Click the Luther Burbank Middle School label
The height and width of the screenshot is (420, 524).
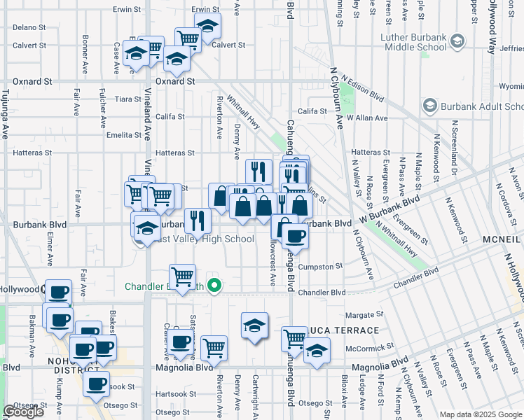coord(413,42)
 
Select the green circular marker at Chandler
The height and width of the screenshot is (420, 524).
coord(216,285)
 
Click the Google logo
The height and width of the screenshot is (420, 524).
coord(24,412)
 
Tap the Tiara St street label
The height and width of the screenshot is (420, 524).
coord(129,99)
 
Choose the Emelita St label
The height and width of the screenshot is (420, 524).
coord(123,134)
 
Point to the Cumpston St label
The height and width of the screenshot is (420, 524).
coord(320,266)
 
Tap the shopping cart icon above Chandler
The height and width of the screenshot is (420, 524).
coord(183,275)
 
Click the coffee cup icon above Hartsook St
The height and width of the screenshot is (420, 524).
coord(96,383)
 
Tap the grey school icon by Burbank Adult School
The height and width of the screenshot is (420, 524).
coord(429,107)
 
